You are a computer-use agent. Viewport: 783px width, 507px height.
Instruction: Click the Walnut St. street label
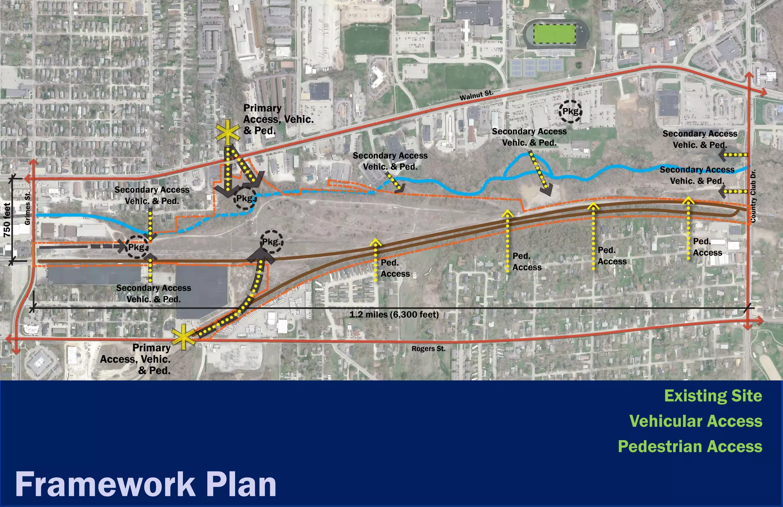click(476, 95)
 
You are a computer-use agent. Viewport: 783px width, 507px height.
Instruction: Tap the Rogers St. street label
click(428, 349)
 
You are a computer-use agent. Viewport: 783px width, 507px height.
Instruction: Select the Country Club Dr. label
click(753, 196)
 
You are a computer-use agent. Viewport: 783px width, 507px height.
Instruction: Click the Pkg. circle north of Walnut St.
click(570, 111)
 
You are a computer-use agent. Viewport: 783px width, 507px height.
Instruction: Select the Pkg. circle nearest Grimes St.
click(136, 247)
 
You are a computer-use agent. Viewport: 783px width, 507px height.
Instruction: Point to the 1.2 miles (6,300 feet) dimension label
click(394, 315)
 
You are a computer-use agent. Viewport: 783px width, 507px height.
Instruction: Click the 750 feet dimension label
click(7, 220)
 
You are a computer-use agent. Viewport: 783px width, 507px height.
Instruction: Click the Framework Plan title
click(146, 484)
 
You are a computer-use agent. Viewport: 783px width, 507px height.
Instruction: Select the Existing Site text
click(713, 396)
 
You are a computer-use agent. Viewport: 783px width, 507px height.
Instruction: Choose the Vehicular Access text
click(695, 421)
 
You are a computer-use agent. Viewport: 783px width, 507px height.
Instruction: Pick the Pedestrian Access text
click(690, 447)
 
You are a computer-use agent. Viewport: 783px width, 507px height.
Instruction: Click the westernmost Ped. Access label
click(395, 268)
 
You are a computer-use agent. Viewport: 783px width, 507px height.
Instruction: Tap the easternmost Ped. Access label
click(707, 247)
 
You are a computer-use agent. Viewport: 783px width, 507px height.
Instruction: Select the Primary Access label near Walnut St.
click(278, 119)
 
